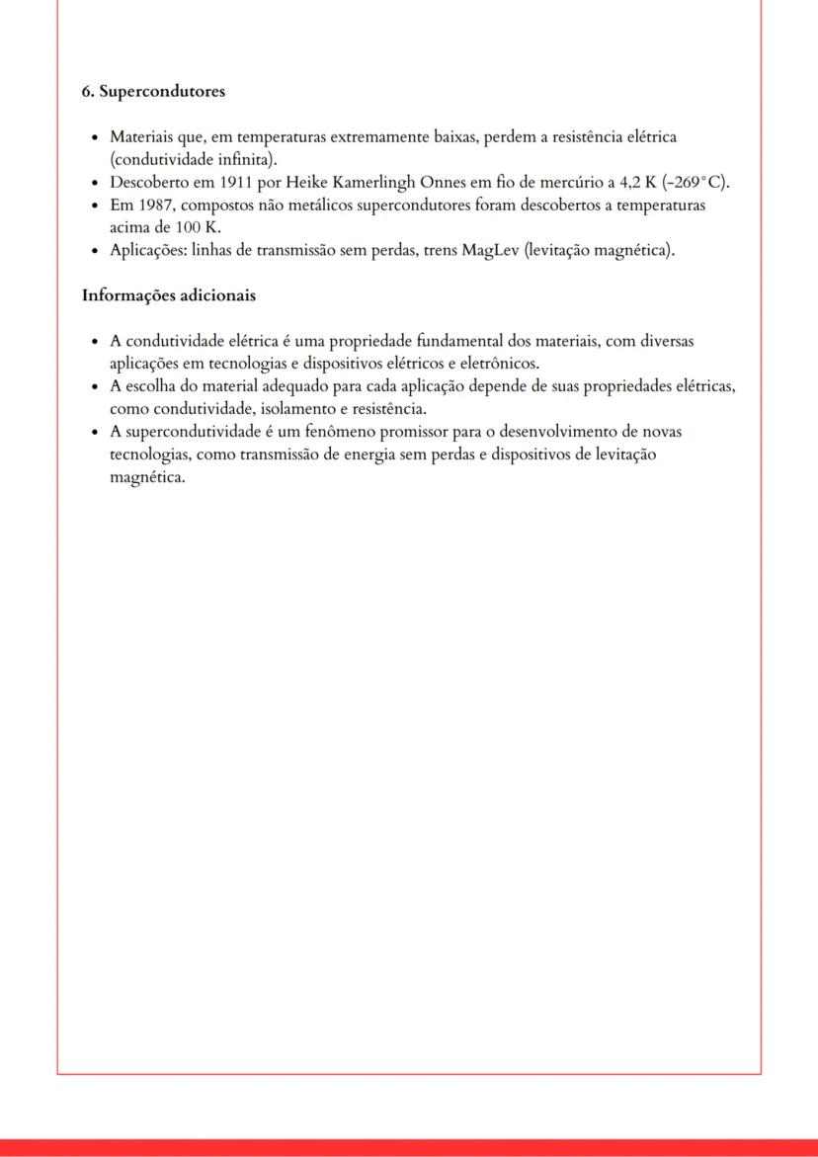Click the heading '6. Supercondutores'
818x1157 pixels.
[x=153, y=92]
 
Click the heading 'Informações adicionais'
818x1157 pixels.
[x=168, y=295]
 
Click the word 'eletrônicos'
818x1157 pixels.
[x=498, y=363]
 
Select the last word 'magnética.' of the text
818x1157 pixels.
[x=147, y=477]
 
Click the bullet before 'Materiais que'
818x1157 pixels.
[x=93, y=137]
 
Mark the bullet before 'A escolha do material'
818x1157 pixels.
[x=93, y=385]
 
